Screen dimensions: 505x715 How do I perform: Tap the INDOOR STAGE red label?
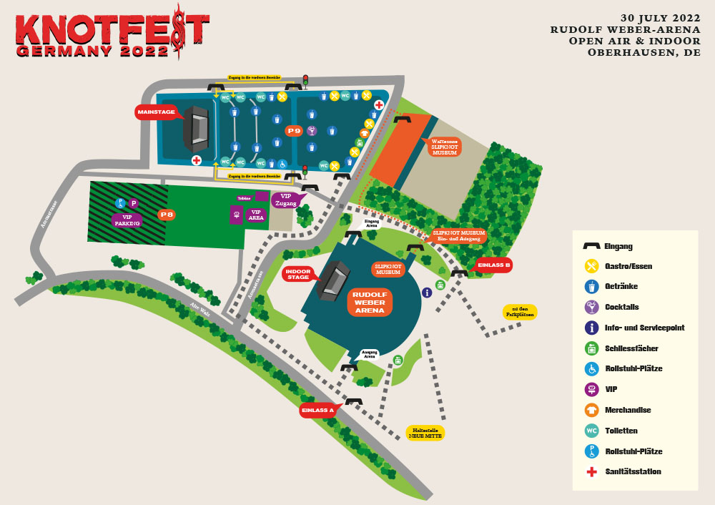[x=297, y=275]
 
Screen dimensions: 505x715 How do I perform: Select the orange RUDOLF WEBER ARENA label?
[x=369, y=303]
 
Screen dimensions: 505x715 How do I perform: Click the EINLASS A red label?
[x=317, y=411]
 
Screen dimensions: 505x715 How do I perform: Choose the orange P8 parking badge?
[x=167, y=215]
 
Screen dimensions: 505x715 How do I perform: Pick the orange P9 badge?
[x=294, y=131]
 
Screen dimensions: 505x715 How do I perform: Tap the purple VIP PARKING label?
[x=128, y=220]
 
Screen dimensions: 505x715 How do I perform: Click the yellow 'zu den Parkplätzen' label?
[x=519, y=312]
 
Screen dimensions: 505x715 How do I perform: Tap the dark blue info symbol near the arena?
[x=427, y=292]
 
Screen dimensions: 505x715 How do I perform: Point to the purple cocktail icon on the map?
[x=312, y=131]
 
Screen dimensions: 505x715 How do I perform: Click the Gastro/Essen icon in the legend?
[x=591, y=266]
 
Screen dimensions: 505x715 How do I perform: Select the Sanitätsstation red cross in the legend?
[x=591, y=472]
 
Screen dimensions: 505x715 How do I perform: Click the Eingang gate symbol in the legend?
[x=591, y=245]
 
